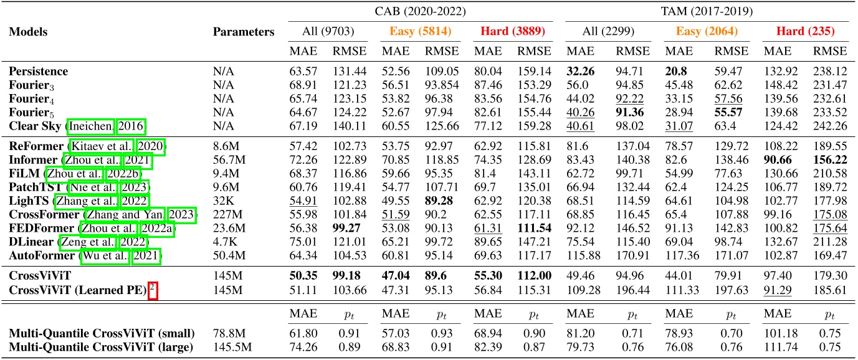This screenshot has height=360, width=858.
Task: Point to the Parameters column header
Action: pyautogui.click(x=244, y=32)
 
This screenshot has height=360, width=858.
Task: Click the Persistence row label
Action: pyautogui.click(x=39, y=72)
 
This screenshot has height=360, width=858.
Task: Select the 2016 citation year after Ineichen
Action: pyautogui.click(x=133, y=127)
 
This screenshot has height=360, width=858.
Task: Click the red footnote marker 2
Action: pyautogui.click(x=152, y=288)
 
